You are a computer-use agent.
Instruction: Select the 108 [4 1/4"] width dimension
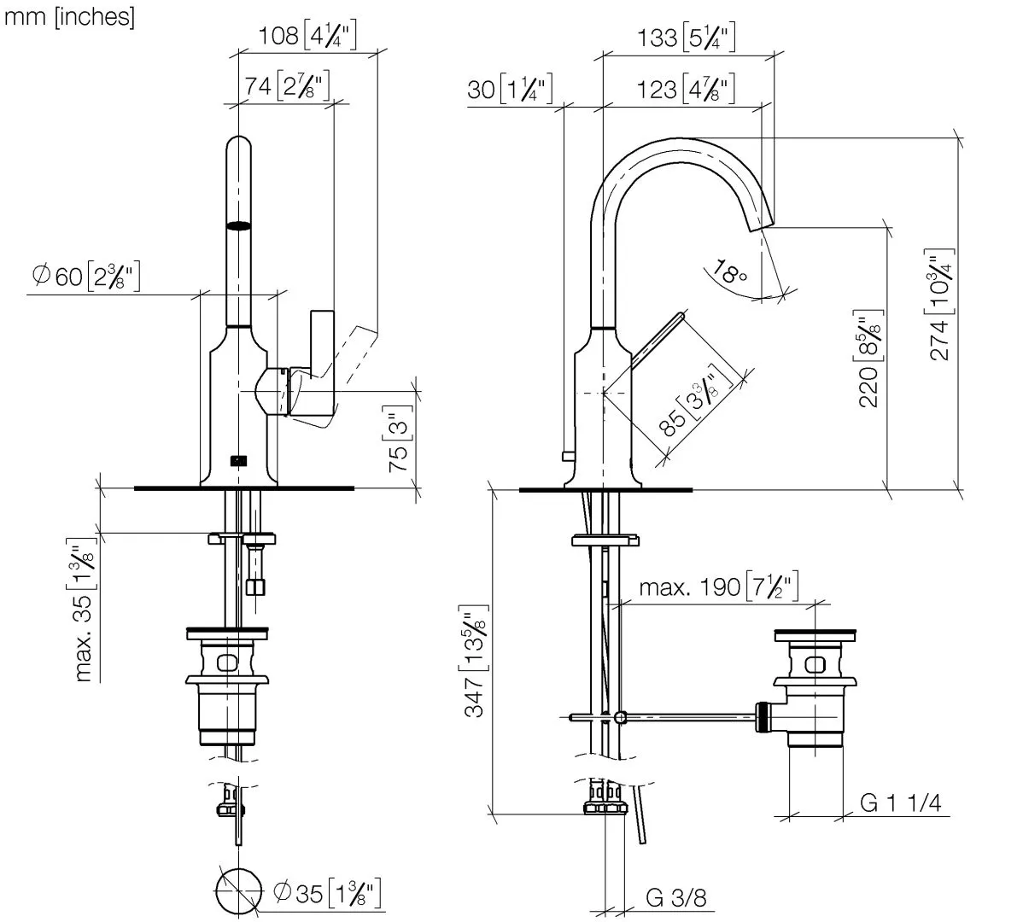(307, 36)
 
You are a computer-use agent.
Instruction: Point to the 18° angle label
(730, 273)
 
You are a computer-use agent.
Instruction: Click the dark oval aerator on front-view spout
(240, 226)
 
